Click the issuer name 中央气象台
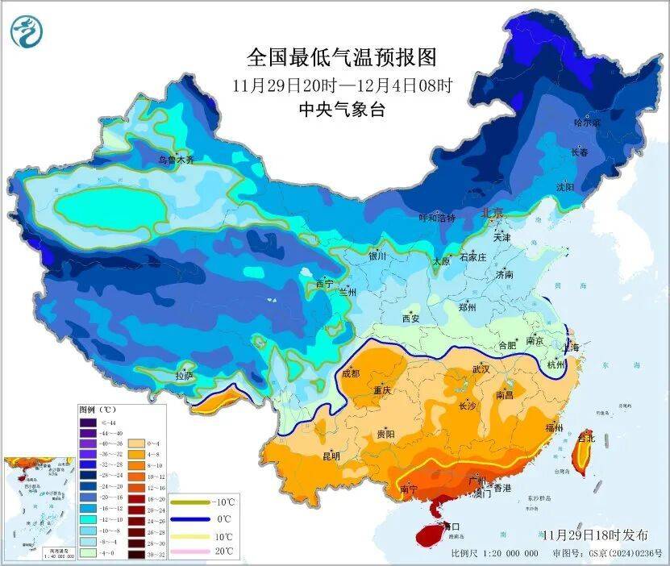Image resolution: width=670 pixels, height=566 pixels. coord(341,110)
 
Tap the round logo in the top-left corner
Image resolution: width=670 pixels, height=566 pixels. coord(27,31)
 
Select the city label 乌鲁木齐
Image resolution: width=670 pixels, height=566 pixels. coord(176,160)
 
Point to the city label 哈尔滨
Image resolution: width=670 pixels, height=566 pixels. coord(586,123)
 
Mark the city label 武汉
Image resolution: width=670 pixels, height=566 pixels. coord(481,368)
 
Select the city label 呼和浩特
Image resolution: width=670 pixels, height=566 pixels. coord(436,218)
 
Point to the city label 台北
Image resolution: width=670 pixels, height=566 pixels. coord(586,438)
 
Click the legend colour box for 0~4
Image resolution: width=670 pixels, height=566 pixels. coord(132,443)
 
